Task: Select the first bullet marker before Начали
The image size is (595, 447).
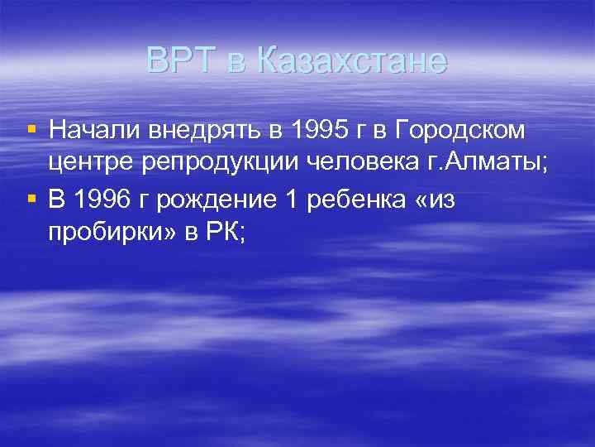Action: click(x=31, y=129)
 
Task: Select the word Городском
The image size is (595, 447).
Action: click(x=464, y=131)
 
